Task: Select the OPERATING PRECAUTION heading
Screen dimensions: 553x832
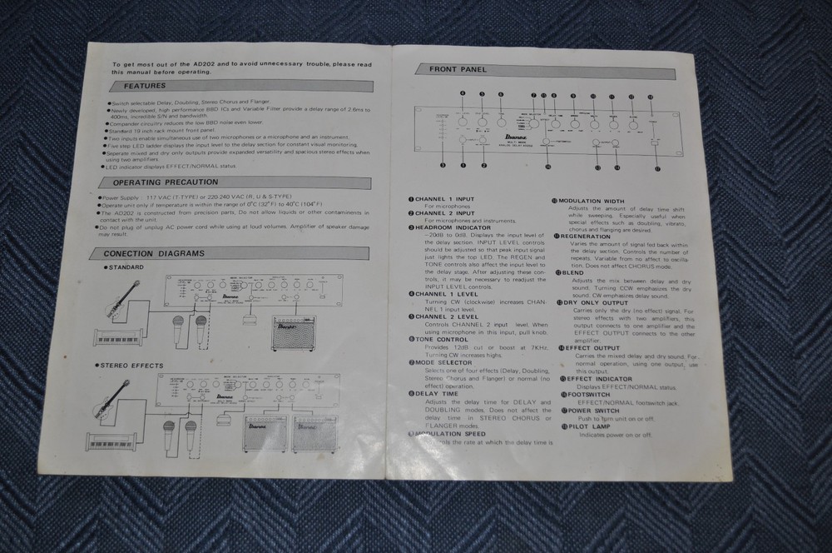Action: tap(160, 182)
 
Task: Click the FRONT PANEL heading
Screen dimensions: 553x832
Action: tap(458, 70)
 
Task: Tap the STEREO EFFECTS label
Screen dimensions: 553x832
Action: tap(134, 365)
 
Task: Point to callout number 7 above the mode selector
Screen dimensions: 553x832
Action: tap(533, 96)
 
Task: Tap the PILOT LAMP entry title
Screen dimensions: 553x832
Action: tap(589, 426)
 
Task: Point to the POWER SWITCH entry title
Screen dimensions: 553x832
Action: tap(594, 410)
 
